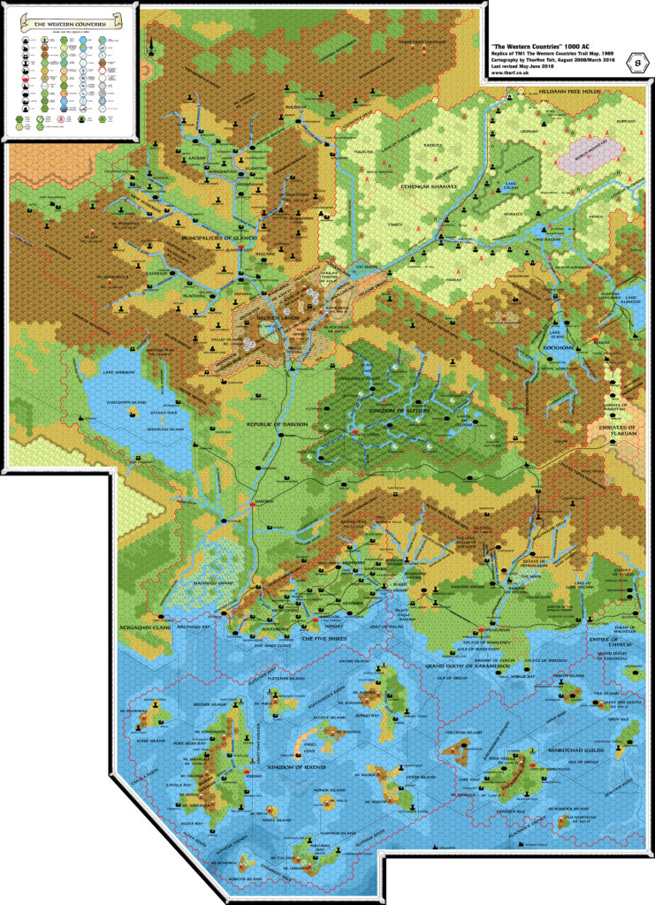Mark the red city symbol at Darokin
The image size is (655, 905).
click(252, 503)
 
